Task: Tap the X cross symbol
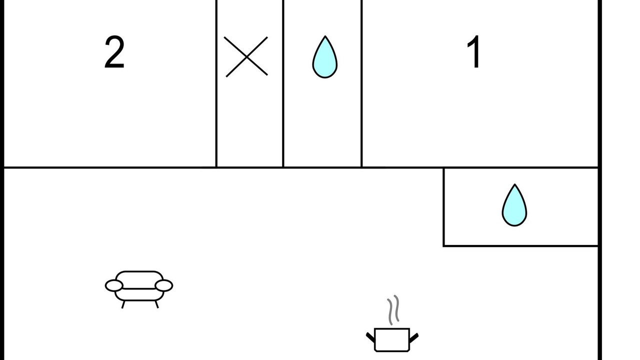[x=246, y=57]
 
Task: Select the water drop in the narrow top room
[x=325, y=57]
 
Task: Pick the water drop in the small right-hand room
[x=514, y=205]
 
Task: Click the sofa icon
[x=139, y=289]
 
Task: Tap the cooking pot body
[x=392, y=339]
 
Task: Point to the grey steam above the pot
[x=393, y=310]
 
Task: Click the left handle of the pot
[x=370, y=337]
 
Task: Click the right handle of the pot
[x=414, y=338]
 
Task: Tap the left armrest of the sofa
[x=114, y=285]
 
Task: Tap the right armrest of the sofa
[x=164, y=285]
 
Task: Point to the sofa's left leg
[x=123, y=304]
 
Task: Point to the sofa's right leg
[x=156, y=304]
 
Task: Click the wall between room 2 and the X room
[x=216, y=83]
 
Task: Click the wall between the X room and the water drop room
[x=283, y=83]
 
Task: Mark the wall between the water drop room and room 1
[x=361, y=83]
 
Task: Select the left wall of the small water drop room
[x=443, y=207]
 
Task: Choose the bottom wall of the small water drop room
[x=520, y=245]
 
